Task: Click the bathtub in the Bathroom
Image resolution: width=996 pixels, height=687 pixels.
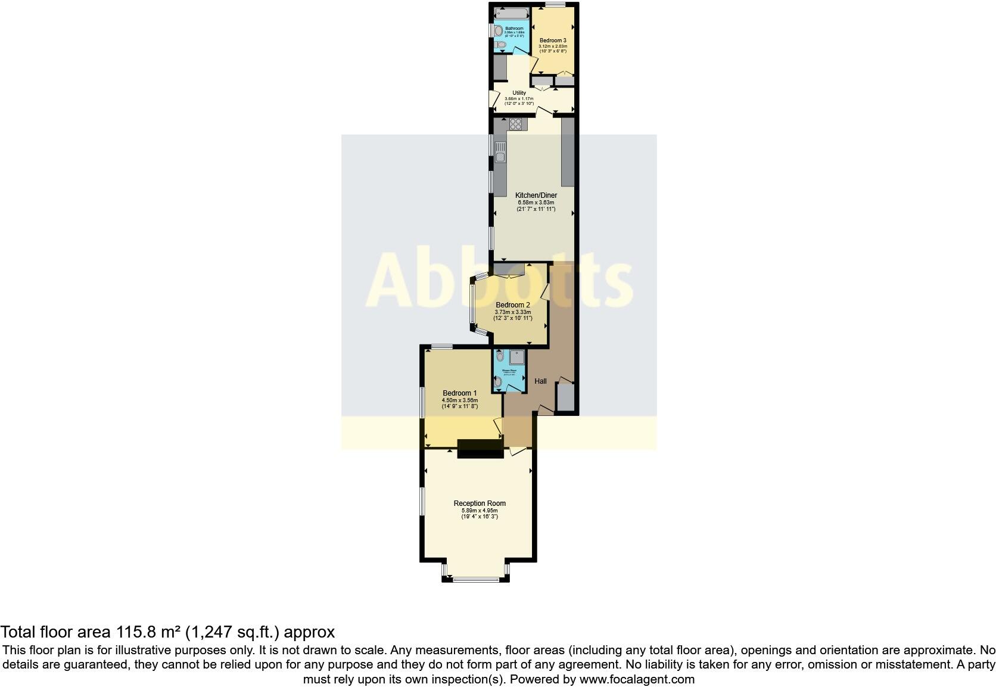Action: coord(510,13)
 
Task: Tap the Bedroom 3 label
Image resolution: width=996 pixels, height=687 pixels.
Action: coord(553,40)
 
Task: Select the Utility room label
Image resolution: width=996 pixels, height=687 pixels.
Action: coord(519,93)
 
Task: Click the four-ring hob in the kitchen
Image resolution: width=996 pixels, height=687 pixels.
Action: coord(515,125)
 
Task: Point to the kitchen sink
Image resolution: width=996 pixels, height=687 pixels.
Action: coord(500,157)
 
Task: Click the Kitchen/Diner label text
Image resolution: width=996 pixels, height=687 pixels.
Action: coord(536,195)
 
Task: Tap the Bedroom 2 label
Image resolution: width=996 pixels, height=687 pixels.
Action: coord(513,305)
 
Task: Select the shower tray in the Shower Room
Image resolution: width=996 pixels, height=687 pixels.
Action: coord(517,357)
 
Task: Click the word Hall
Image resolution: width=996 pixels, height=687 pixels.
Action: coord(540,381)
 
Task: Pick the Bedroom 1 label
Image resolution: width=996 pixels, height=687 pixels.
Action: coord(459,393)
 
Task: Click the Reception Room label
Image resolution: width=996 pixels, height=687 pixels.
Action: coord(480,503)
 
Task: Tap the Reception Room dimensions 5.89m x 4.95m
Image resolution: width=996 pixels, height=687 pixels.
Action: coord(480,511)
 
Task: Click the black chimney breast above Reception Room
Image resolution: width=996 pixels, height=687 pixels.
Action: coord(480,448)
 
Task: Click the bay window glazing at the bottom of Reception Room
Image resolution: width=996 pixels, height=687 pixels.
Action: coord(476,579)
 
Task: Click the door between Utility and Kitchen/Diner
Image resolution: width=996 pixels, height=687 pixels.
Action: coord(544,111)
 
